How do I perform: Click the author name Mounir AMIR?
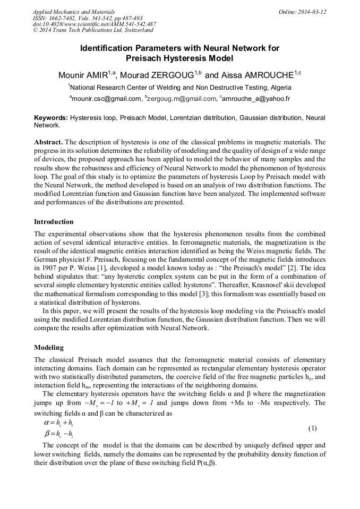click(x=84, y=75)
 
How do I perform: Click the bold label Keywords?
click(x=51, y=117)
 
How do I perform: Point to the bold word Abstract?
click(x=48, y=142)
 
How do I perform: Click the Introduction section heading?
click(x=54, y=221)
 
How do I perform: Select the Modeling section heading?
click(x=49, y=348)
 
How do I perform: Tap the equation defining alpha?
click(x=58, y=423)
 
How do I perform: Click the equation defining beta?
click(x=58, y=434)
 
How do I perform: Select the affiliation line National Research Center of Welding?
click(x=179, y=87)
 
